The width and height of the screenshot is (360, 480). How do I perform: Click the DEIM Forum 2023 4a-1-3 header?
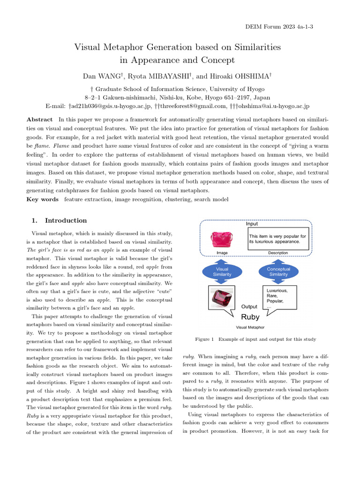click(x=279, y=27)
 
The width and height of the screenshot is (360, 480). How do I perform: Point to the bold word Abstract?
click(x=39, y=120)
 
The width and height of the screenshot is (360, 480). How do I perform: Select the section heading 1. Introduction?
click(x=59, y=220)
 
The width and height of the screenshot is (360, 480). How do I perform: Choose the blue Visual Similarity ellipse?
click(x=222, y=272)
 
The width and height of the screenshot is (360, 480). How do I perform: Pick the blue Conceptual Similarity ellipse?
click(x=278, y=272)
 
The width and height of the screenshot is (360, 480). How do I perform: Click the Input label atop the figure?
click(x=252, y=224)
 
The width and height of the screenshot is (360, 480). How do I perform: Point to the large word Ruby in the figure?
click(x=250, y=317)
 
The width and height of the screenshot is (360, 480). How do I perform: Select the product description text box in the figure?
click(x=278, y=239)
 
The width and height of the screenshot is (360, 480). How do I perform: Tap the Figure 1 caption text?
click(x=255, y=339)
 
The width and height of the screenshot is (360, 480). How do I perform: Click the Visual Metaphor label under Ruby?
click(x=250, y=327)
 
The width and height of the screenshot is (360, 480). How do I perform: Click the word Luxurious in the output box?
click(x=277, y=290)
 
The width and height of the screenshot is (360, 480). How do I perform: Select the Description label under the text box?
click(x=278, y=253)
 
